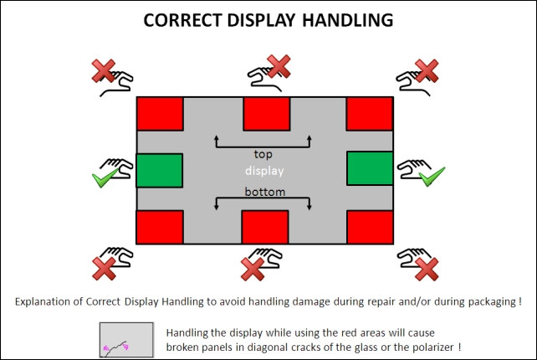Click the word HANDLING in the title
[347, 20]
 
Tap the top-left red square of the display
[160, 114]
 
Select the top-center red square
[267, 114]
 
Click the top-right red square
[370, 114]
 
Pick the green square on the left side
[160, 171]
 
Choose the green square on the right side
[370, 168]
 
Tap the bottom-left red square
[160, 227]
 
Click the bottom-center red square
[265, 227]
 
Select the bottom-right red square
[370, 227]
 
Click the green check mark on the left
[105, 178]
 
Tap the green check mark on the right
[432, 177]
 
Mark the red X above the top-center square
[279, 66]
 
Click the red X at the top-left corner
[104, 71]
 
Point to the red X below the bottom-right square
[427, 270]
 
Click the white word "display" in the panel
[264, 171]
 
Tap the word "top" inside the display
[263, 154]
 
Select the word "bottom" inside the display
[264, 192]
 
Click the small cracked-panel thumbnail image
[126, 340]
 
